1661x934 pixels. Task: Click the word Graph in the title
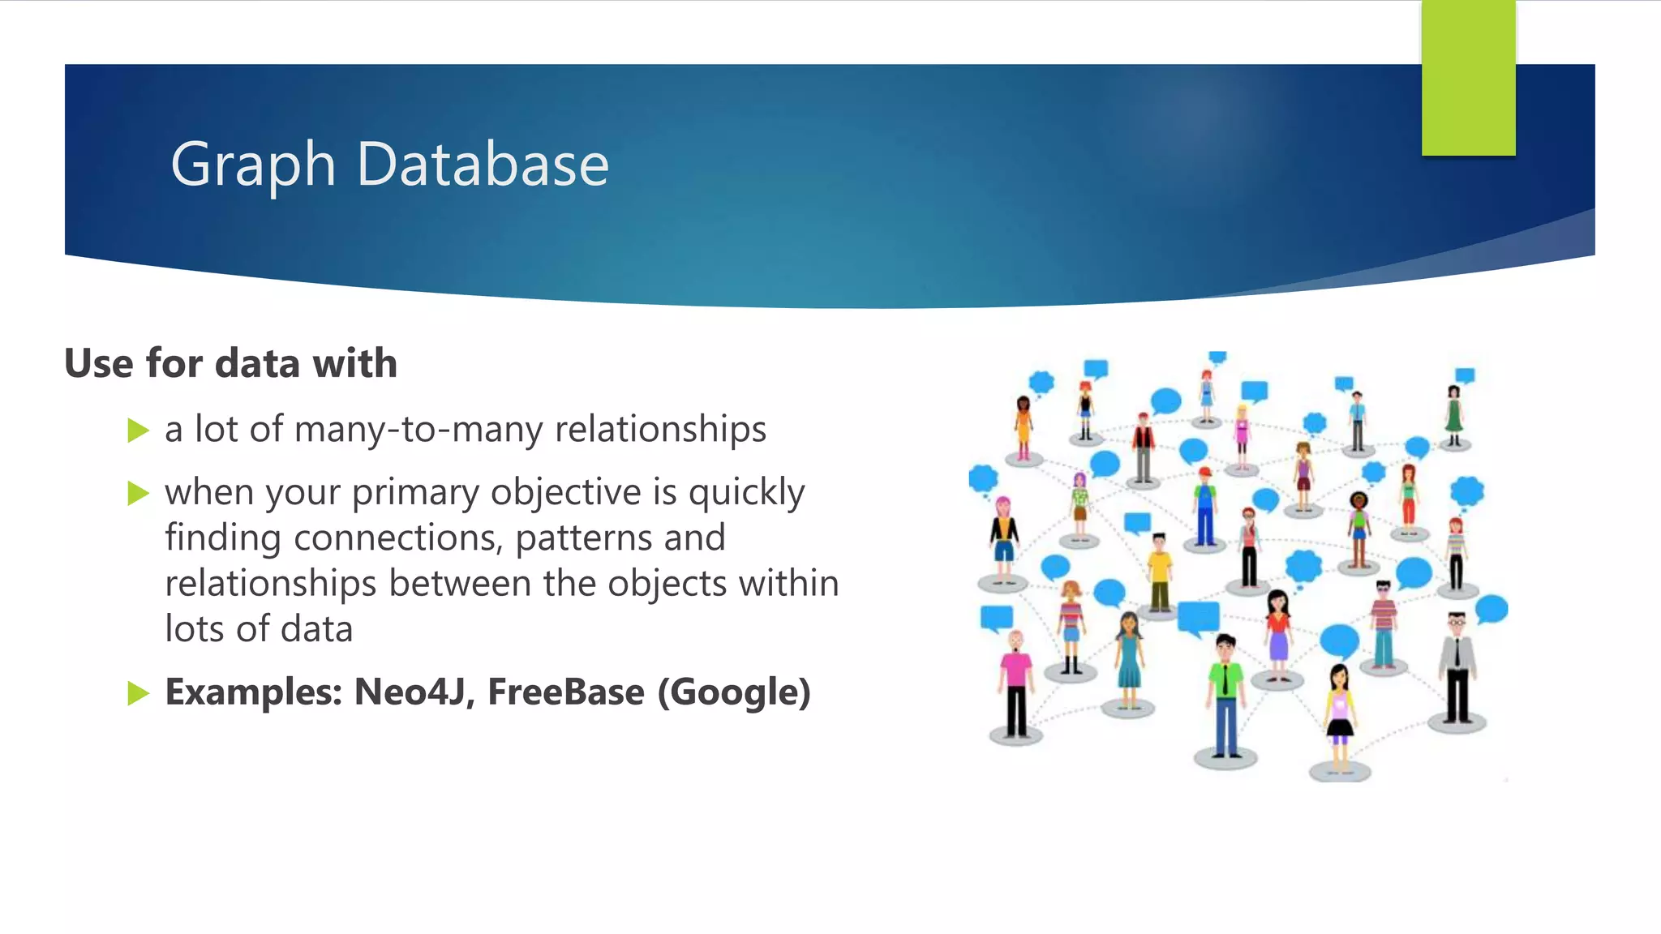pos(253,165)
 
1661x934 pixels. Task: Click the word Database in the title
pos(482,165)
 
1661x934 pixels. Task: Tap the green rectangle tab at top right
pos(1468,78)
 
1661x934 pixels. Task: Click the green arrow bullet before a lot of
pos(139,430)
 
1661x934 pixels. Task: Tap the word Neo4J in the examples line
pos(413,692)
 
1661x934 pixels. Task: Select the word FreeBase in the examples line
pos(565,692)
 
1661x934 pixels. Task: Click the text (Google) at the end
pos(734,692)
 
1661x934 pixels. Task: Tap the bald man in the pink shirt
pos(1015,681)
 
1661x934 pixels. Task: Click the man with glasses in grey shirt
pos(1457,665)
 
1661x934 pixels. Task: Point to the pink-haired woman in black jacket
pos(1004,535)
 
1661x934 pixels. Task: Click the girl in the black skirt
pos(1339,713)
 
